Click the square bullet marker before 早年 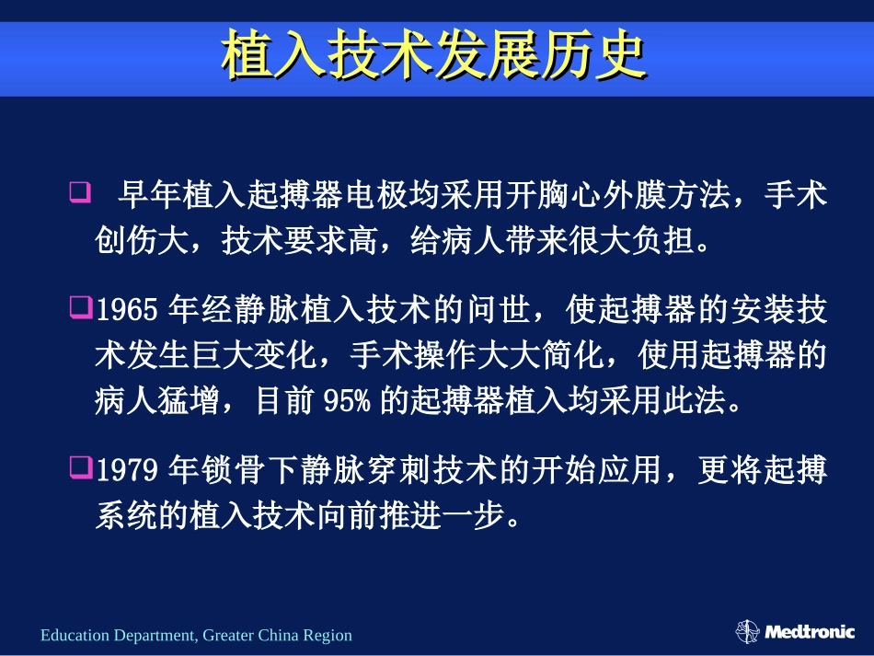pyautogui.click(x=79, y=194)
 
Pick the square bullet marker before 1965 pyautogui.click(x=79, y=308)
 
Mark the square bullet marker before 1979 pyautogui.click(x=79, y=468)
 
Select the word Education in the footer pyautogui.click(x=75, y=635)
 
